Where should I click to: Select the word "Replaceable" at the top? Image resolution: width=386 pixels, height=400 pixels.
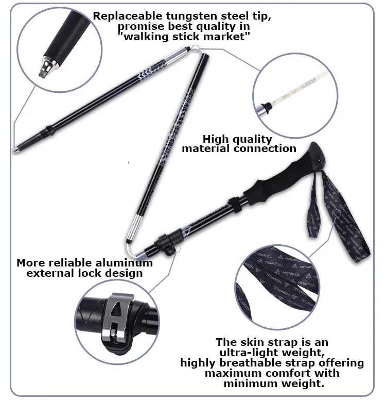[128, 16]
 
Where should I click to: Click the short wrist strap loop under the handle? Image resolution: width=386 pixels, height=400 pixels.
[313, 204]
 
